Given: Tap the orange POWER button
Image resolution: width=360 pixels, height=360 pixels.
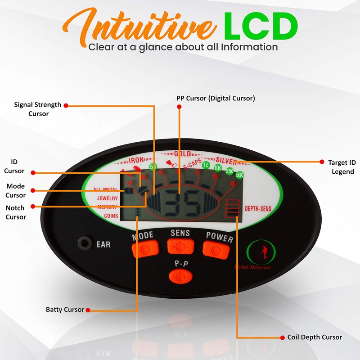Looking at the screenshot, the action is tap(216, 248).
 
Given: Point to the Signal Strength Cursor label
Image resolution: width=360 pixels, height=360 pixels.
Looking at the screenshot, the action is tap(38, 109).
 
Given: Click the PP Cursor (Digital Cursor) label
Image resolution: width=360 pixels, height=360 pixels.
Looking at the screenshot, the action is tap(216, 98).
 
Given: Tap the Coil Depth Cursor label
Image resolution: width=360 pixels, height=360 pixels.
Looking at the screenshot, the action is tap(315, 337).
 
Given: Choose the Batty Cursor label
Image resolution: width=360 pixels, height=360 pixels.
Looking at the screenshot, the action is tap(65, 310).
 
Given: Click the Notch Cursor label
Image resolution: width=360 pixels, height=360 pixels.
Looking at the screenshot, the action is tap(15, 212).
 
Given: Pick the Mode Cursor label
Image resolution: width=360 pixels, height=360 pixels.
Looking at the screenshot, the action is tap(15, 191).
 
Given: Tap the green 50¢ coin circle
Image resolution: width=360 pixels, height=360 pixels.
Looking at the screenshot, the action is tap(239, 175).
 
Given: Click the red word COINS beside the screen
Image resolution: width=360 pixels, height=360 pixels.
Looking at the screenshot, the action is tap(111, 216).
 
